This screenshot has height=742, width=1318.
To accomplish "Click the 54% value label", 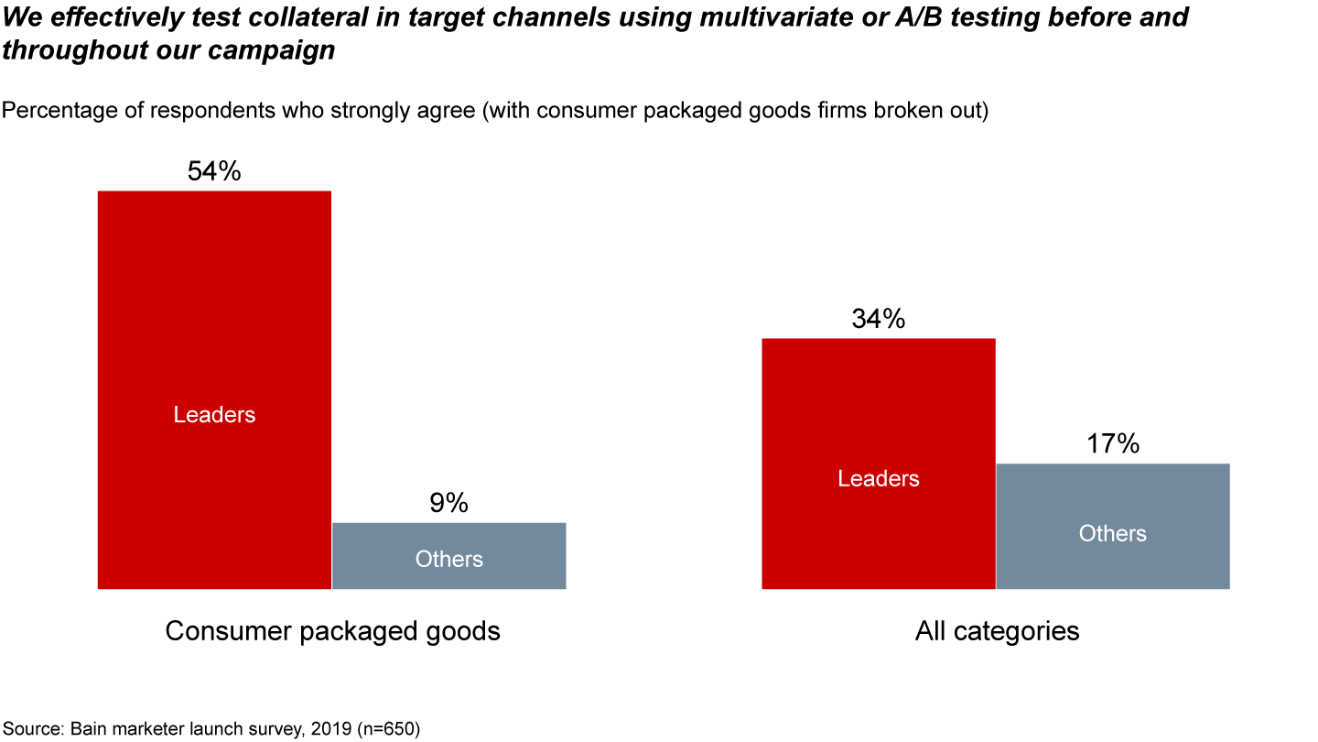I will [x=214, y=171].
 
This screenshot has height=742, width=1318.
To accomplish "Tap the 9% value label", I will [x=448, y=503].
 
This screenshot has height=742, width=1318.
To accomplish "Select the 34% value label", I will [x=878, y=319].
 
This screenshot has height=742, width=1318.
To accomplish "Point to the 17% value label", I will [x=1112, y=444].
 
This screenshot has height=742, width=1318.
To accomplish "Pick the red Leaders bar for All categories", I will [x=878, y=540].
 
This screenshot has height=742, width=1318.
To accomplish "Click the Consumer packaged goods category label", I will [x=332, y=631].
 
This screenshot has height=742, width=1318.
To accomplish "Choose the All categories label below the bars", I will [x=997, y=631].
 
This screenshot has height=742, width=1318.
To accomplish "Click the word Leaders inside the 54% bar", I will [x=214, y=415].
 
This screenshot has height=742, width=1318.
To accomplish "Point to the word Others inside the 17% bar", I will [x=1112, y=533].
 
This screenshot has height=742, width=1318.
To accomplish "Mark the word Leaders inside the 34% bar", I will [x=878, y=479].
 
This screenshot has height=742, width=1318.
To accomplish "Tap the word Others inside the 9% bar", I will [x=448, y=559].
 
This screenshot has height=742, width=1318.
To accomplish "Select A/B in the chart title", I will [x=837, y=17].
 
